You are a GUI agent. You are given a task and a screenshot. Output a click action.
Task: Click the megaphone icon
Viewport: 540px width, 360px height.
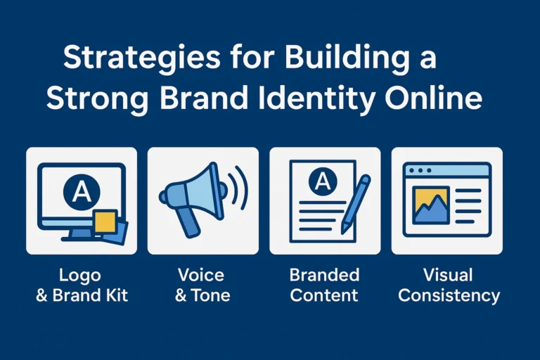pos(191,197)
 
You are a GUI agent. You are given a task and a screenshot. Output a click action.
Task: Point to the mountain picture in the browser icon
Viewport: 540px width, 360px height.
pos(431,205)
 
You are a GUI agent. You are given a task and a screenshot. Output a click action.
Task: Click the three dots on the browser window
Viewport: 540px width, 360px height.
pos(420,170)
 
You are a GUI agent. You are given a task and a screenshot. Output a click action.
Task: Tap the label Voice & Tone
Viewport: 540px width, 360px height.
pos(202,284)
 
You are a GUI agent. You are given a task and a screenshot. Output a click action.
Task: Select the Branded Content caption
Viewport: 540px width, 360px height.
pos(325,284)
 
